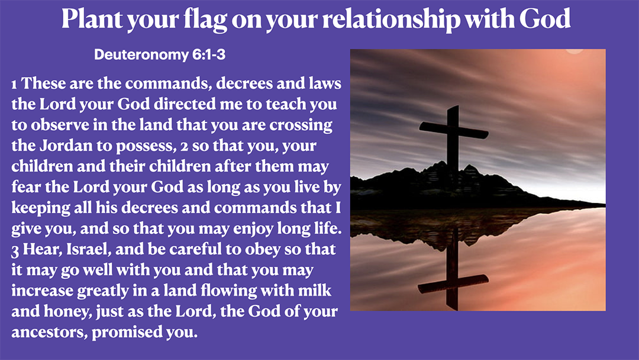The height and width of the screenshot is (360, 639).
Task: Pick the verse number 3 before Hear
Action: tap(15, 249)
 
